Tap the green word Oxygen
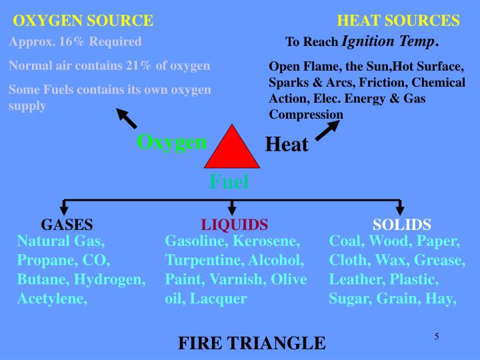pyautogui.click(x=172, y=142)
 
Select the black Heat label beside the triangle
pyautogui.click(x=287, y=144)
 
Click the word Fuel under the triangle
pyautogui.click(x=229, y=181)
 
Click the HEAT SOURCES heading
pyautogui.click(x=399, y=21)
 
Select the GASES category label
pyautogui.click(x=67, y=225)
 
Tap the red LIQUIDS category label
pyautogui.click(x=235, y=225)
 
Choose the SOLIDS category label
pyautogui.click(x=402, y=225)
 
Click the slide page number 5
pyautogui.click(x=436, y=336)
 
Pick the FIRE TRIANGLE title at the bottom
pyautogui.click(x=251, y=343)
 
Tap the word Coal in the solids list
pyautogui.click(x=344, y=241)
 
